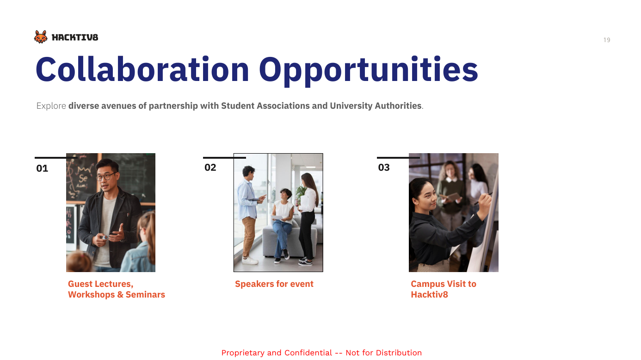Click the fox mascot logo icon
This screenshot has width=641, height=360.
tap(41, 37)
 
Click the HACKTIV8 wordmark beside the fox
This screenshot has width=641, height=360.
tap(75, 37)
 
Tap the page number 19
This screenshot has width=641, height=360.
tap(607, 40)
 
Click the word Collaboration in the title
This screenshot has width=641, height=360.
tap(142, 69)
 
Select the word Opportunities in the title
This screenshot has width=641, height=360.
tap(368, 70)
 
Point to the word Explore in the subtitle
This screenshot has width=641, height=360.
tap(51, 106)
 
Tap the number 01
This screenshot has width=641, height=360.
tap(42, 168)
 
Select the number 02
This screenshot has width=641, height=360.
tap(210, 168)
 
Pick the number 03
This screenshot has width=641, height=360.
tap(384, 168)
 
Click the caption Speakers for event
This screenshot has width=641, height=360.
tap(274, 284)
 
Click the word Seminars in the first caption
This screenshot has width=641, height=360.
tap(145, 294)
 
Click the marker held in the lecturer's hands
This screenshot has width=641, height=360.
tap(104, 237)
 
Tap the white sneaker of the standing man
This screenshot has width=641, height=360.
tap(250, 261)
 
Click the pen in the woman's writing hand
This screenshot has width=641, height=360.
tap(483, 199)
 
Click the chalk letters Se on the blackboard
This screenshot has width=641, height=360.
tap(83, 179)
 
